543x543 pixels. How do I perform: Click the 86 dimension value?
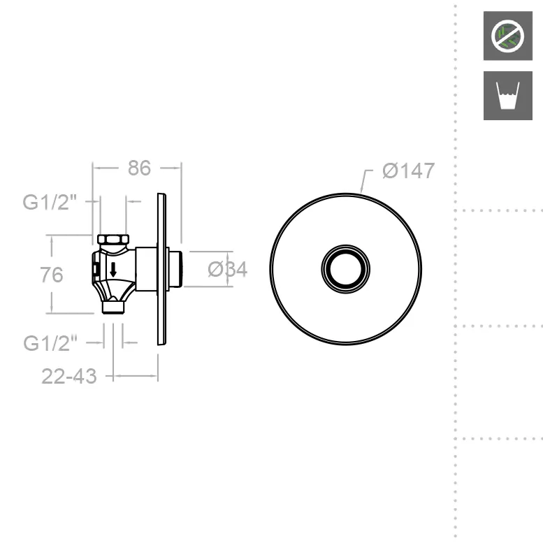(x=139, y=168)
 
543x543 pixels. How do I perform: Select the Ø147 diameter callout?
(x=408, y=171)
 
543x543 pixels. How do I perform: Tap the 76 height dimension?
(x=52, y=275)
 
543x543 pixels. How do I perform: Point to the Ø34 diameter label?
(x=228, y=269)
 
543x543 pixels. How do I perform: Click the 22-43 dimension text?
(x=68, y=376)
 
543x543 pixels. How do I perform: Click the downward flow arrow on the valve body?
(x=113, y=268)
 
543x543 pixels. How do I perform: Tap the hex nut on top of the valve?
(x=113, y=240)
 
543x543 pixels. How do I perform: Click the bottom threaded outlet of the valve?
(x=113, y=306)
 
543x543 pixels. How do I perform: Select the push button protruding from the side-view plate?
(x=175, y=269)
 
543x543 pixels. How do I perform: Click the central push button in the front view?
(x=345, y=269)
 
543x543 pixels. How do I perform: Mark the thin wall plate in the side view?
(x=161, y=269)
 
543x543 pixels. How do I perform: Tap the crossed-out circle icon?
(x=503, y=36)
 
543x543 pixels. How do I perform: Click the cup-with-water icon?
(x=503, y=95)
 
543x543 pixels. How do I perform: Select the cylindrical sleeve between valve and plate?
(x=145, y=269)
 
